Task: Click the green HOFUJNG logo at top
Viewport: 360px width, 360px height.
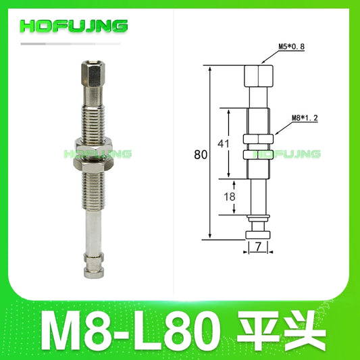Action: [74, 26]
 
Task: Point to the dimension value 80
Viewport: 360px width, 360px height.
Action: [200, 154]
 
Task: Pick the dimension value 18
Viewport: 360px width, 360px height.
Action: [230, 197]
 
